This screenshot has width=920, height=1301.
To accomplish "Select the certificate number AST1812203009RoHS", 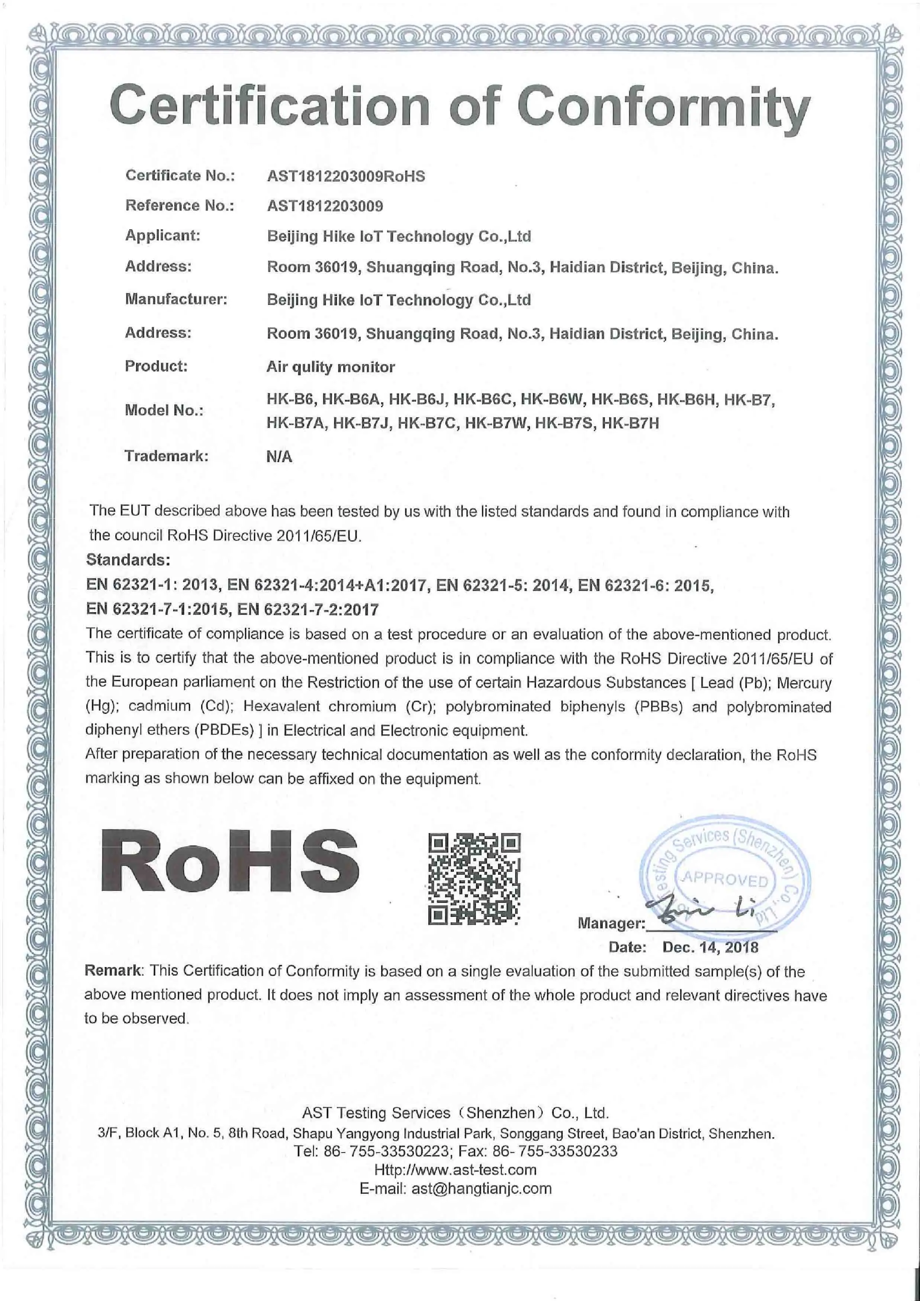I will [x=345, y=176].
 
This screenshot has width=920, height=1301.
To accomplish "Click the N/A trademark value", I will [x=279, y=457].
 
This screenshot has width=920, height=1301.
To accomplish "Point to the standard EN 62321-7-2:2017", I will [x=308, y=610].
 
